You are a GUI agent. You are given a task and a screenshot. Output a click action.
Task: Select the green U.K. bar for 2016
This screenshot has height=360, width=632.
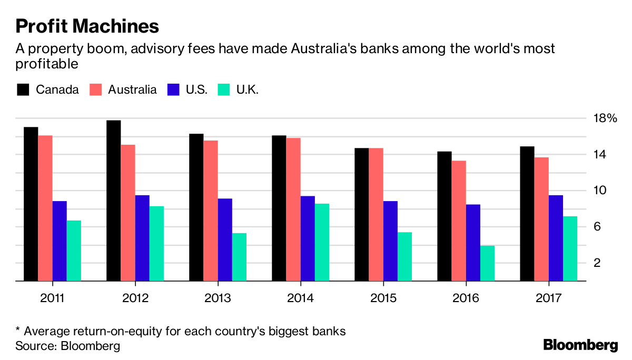point(488,263)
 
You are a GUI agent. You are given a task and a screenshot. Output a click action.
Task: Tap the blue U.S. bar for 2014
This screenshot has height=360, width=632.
point(308,239)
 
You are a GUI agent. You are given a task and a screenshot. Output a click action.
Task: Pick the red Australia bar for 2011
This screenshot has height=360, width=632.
point(45,208)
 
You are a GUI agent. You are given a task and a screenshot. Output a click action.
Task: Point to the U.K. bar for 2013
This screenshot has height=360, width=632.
point(239,257)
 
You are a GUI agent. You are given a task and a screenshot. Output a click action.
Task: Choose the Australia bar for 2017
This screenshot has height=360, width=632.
point(541,219)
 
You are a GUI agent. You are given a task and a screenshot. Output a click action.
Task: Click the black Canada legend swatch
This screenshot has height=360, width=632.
point(23,89)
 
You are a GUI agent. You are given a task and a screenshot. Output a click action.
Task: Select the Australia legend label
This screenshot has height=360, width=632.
point(132,89)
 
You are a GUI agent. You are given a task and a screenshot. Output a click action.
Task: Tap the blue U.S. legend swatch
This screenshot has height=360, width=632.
point(173,89)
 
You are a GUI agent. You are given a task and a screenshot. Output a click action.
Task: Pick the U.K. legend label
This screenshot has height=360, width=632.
point(246,89)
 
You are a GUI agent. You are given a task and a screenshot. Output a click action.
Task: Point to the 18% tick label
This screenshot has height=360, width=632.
point(604,118)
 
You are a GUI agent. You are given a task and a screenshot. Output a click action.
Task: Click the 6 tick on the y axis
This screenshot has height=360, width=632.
point(597,227)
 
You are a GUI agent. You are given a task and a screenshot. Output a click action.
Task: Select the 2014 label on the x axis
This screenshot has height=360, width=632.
point(300,298)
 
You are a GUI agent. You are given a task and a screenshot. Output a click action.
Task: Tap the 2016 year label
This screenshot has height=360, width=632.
point(466,298)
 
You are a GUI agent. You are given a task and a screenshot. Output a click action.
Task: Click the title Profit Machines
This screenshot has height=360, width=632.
point(87,26)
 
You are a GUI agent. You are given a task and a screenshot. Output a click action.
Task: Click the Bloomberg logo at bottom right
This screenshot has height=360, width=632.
point(580,345)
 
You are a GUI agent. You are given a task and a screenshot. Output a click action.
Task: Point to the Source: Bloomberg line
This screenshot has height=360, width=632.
point(67,346)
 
